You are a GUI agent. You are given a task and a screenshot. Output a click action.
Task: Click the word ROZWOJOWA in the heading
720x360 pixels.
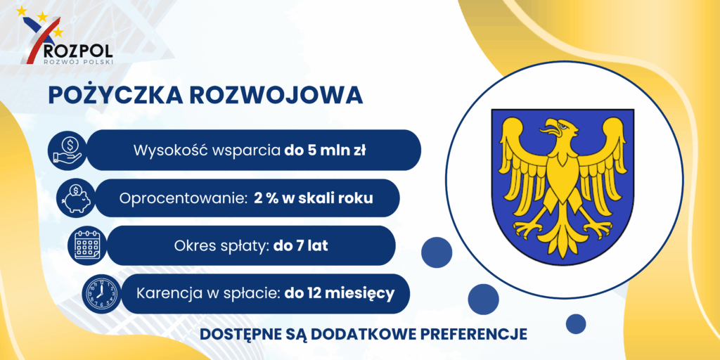[x=276, y=95]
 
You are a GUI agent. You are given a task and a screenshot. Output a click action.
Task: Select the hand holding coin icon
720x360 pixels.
[x=67, y=150]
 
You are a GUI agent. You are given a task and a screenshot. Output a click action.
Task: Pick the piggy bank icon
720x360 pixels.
[x=76, y=198]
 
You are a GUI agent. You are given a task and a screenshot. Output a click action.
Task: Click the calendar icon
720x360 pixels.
[x=86, y=245]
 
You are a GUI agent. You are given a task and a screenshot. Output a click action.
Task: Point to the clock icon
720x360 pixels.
[x=101, y=294]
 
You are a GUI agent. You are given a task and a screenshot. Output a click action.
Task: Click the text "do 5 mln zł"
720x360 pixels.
[x=325, y=150]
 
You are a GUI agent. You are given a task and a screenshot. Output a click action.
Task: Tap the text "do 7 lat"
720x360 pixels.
[x=300, y=245]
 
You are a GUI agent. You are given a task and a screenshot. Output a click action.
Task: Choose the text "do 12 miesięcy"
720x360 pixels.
[x=340, y=294]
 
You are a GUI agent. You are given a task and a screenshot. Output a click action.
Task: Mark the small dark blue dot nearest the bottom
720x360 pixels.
[x=576, y=323]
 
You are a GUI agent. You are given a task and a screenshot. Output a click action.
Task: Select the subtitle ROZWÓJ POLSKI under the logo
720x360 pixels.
[x=77, y=61]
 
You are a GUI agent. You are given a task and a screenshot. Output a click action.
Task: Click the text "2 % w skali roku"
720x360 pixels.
[x=313, y=198]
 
